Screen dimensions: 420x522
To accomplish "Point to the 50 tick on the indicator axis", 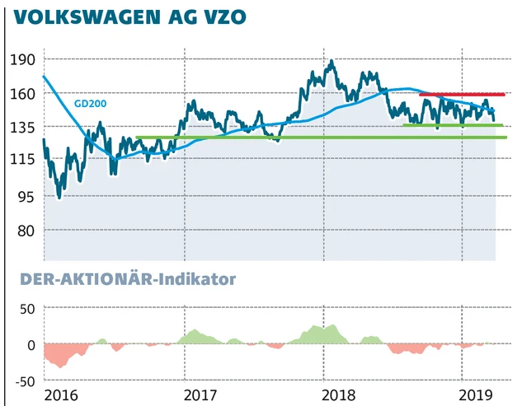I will click(x=26, y=309).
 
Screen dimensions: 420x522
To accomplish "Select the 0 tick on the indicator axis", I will click(x=31, y=345).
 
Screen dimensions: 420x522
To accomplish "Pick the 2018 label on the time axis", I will click(x=339, y=396).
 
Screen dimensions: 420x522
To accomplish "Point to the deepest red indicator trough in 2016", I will click(x=59, y=365).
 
